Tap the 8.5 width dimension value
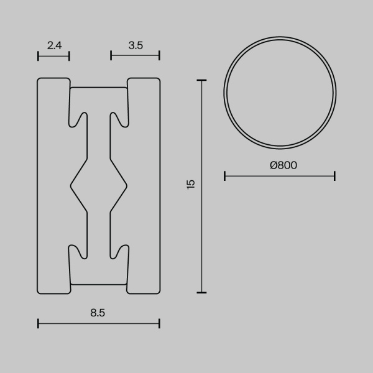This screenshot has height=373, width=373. tap(98, 313)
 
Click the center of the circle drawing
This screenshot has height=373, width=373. tap(280, 93)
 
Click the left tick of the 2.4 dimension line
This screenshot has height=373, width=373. tap(39, 56)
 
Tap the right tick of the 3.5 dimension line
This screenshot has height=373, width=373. tap(160, 56)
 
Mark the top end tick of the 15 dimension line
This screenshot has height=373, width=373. tap(201, 80)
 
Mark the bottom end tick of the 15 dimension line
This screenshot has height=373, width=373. tap(201, 292)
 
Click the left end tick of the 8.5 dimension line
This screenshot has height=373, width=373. tap(39, 323)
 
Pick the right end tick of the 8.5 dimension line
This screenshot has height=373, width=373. tap(160, 323)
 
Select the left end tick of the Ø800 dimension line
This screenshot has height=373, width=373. tap(224, 177)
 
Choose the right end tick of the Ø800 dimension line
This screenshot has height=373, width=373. tap(335, 177)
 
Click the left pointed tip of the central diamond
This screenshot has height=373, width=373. tap(70, 185)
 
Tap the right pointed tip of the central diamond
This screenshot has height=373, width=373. tap(127, 185)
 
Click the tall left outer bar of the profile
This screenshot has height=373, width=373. tap(52, 185)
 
